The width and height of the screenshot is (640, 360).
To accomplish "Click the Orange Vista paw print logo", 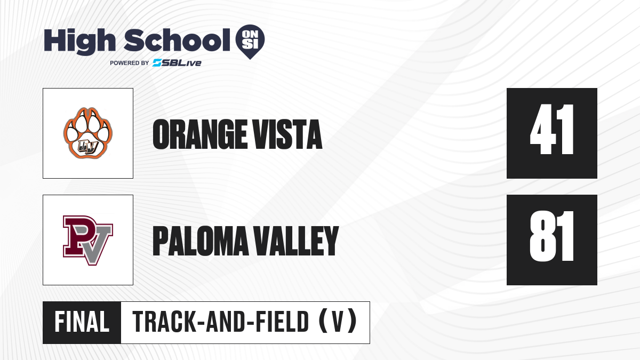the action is point(88,133).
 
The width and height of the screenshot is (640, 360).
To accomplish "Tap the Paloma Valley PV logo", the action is point(88,241).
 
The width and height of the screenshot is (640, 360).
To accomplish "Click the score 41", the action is point(551,129).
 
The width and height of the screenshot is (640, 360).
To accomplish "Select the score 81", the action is point(551,236).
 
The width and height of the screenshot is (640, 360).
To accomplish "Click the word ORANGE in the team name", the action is point(199,134).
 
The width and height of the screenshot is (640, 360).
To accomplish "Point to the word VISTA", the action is point(288,134).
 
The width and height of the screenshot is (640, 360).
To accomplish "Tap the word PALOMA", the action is point(201,241).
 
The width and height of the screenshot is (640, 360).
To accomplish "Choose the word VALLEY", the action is point(297,241).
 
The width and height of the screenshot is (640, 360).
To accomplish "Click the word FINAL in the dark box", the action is point(82,322).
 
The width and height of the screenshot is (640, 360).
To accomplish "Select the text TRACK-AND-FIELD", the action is point(221,322).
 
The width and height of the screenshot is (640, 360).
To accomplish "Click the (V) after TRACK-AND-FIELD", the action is point(338,322).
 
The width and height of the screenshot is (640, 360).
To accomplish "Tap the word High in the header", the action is point(80,41).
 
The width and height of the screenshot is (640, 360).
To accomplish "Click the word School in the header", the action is point(177,40).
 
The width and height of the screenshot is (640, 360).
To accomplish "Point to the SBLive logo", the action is point(177,63).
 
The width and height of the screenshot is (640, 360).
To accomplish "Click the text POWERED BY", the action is point(130,63).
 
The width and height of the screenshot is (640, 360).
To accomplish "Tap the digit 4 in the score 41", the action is point(542,129).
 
